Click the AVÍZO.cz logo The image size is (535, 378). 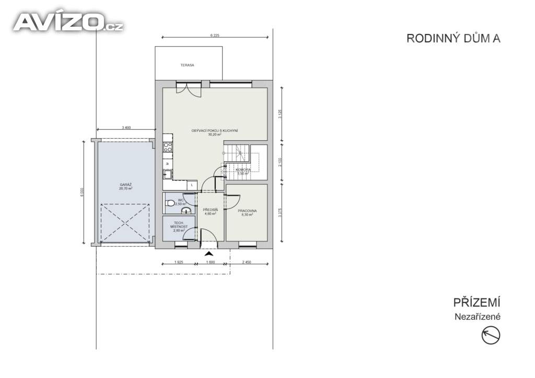pyautogui.click(x=68, y=22)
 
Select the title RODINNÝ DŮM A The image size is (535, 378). pyautogui.click(x=453, y=38)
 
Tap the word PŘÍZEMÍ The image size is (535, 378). pyautogui.click(x=476, y=303)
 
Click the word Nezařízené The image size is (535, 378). pyautogui.click(x=477, y=316)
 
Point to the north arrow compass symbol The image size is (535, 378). pyautogui.click(x=491, y=335)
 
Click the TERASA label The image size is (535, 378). pyautogui.click(x=187, y=65)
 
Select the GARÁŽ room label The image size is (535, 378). pyautogui.click(x=125, y=185)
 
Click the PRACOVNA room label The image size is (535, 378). pyautogui.click(x=248, y=211)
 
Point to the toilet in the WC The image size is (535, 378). pyautogui.click(x=169, y=203)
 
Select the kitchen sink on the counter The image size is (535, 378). pyautogui.click(x=167, y=175)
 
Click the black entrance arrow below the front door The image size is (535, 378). pyautogui.click(x=210, y=254)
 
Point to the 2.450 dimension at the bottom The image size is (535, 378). pyautogui.click(x=247, y=261)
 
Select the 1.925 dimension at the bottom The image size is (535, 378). pyautogui.click(x=178, y=261)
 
